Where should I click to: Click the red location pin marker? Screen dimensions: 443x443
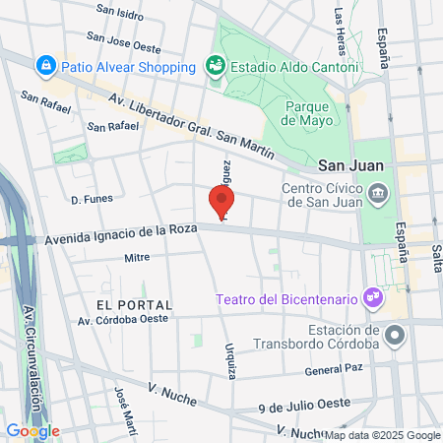click(221, 202)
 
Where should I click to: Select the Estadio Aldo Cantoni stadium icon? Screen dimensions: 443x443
click(215, 66)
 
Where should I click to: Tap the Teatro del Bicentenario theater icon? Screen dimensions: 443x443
click(371, 294)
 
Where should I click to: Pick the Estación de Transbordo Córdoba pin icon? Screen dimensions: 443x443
click(395, 336)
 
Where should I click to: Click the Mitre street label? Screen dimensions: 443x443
click(137, 258)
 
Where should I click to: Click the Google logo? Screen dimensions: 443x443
click(32, 430)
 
